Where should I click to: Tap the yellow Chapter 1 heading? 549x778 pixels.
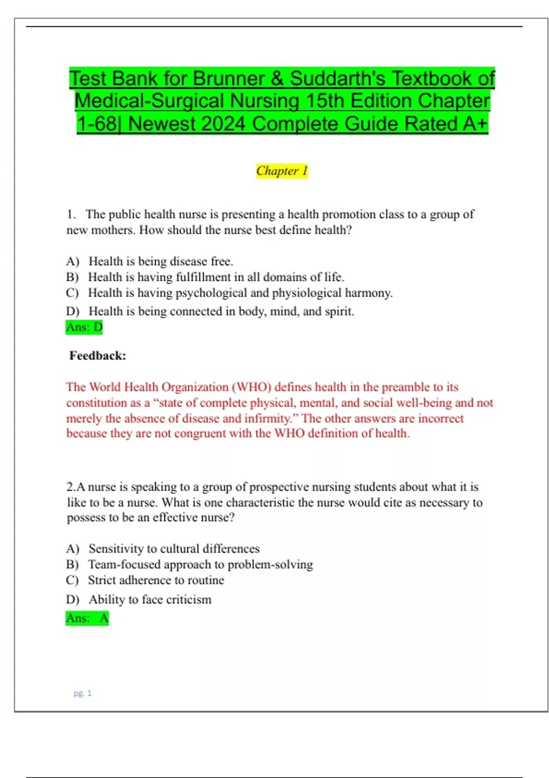[x=282, y=171]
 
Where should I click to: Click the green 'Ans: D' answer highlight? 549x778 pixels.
[x=84, y=327]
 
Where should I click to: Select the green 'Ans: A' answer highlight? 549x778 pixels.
[x=87, y=618]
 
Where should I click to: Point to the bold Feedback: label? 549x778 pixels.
[x=97, y=356]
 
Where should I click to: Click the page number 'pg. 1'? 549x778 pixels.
[x=82, y=693]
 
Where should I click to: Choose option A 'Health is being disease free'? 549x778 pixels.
[x=161, y=261]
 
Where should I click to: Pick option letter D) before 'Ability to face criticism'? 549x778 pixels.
[x=72, y=600]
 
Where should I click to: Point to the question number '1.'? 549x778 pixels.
[x=71, y=214]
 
